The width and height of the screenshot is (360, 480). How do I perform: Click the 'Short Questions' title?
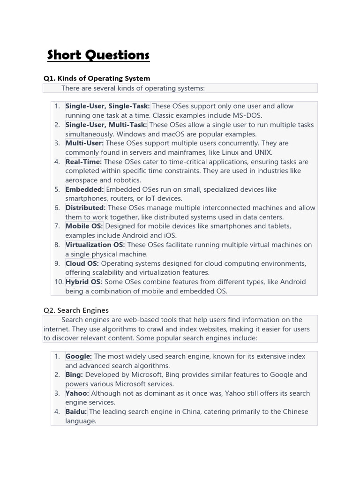click(x=98, y=55)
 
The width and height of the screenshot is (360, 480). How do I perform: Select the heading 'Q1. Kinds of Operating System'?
click(x=97, y=78)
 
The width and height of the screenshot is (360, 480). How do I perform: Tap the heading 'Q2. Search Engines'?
click(x=76, y=310)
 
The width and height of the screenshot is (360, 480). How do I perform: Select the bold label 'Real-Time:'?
click(x=83, y=162)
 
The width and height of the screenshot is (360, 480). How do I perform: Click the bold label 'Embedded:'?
click(x=84, y=189)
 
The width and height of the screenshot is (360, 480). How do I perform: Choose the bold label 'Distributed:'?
click(x=86, y=208)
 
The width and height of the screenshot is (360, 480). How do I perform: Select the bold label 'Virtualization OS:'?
click(x=95, y=245)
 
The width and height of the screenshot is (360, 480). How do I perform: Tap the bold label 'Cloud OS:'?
click(x=82, y=263)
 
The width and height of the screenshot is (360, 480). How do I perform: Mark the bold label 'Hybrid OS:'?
click(x=84, y=282)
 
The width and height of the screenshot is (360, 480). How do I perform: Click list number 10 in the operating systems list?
click(x=58, y=282)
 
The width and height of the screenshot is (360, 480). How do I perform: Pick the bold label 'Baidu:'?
click(x=76, y=412)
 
